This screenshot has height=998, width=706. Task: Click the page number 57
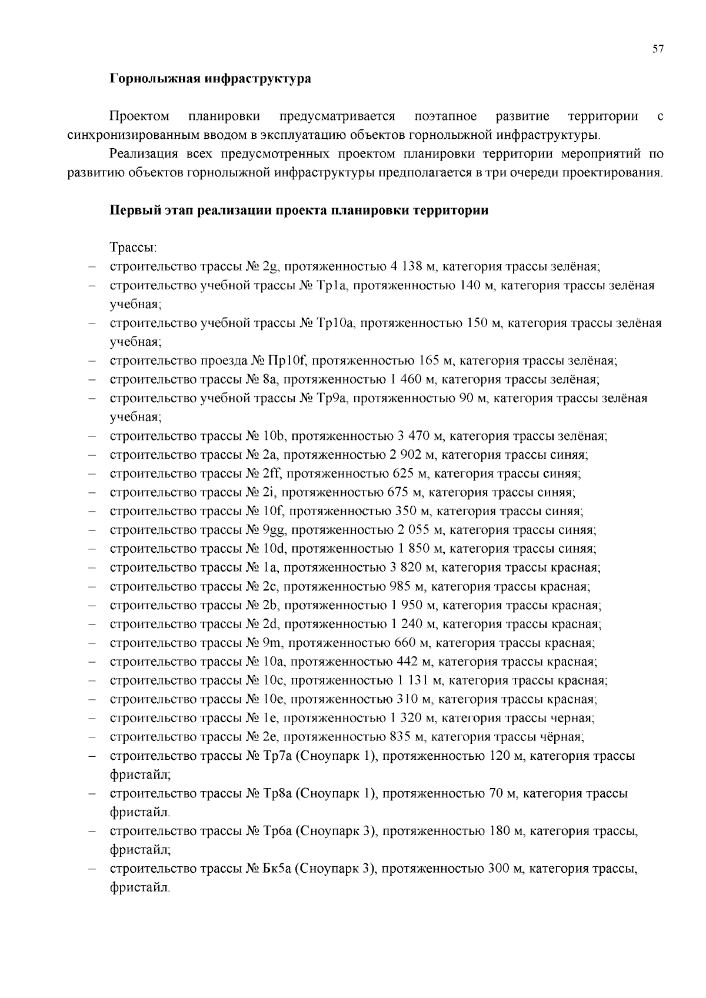(658, 49)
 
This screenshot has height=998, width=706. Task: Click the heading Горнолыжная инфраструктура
(210, 79)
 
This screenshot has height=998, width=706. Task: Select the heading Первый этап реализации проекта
(299, 211)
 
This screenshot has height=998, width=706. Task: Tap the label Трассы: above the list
(132, 248)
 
